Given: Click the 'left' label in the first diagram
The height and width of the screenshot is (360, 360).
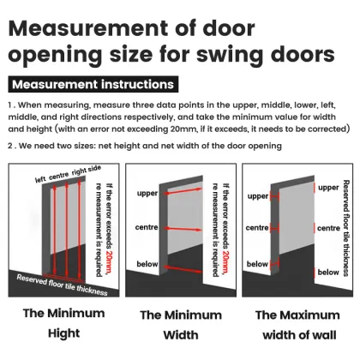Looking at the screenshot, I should (x=41, y=179).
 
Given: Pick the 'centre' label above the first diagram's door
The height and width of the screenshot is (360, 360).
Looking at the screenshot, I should (x=60, y=177).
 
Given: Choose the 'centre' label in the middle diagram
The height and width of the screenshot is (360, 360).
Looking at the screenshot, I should (x=147, y=230).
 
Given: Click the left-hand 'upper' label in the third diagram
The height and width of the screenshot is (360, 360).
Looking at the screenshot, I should (x=258, y=196).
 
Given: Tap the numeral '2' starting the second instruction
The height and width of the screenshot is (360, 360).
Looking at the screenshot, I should (x=9, y=147).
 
